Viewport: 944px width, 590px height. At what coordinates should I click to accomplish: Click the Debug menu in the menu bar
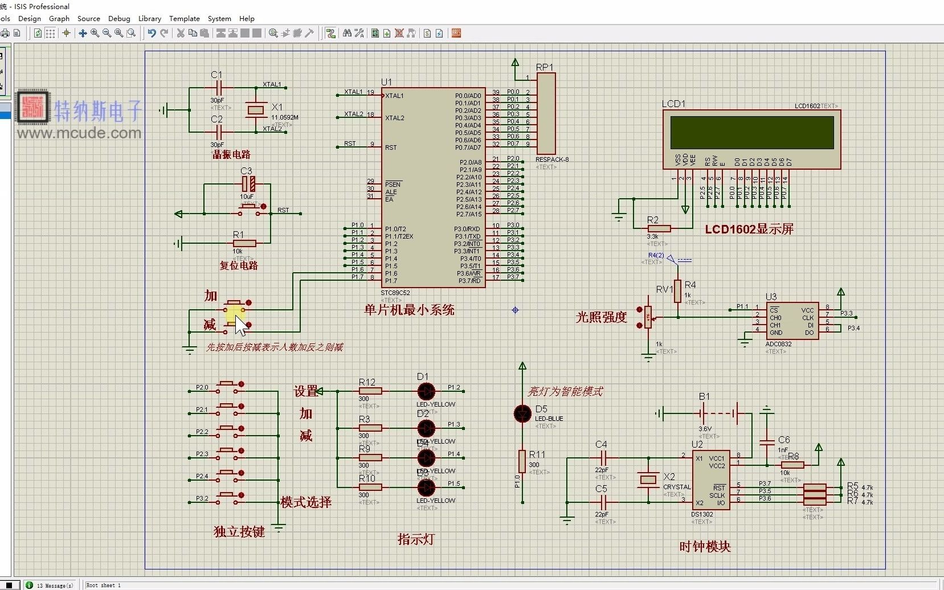(x=119, y=18)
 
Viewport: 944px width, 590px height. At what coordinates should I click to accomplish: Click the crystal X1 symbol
(x=256, y=109)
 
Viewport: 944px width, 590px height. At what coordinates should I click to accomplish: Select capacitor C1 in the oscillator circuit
(x=218, y=88)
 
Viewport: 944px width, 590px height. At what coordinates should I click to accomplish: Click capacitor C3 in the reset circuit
(x=248, y=184)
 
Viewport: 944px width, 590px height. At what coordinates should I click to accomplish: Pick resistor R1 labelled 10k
(x=244, y=243)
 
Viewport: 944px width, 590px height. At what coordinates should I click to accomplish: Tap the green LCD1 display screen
(x=751, y=132)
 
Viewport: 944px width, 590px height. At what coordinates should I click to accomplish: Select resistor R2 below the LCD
(x=659, y=228)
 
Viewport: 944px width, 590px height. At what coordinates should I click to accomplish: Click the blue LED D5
(x=522, y=414)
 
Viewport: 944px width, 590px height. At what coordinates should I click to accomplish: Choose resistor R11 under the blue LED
(x=522, y=461)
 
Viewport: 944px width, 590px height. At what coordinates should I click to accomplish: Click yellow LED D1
(x=426, y=391)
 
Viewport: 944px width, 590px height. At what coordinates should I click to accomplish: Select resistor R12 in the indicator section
(x=370, y=391)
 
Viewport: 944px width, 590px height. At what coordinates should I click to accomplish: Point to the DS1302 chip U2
(x=710, y=480)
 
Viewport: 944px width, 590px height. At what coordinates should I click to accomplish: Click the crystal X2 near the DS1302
(x=648, y=480)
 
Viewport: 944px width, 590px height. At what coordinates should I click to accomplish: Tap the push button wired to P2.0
(x=230, y=386)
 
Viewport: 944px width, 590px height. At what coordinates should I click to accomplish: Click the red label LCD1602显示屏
(x=749, y=229)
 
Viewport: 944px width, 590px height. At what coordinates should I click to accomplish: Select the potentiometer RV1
(x=648, y=317)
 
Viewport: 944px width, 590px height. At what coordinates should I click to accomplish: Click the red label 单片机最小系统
(x=409, y=310)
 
